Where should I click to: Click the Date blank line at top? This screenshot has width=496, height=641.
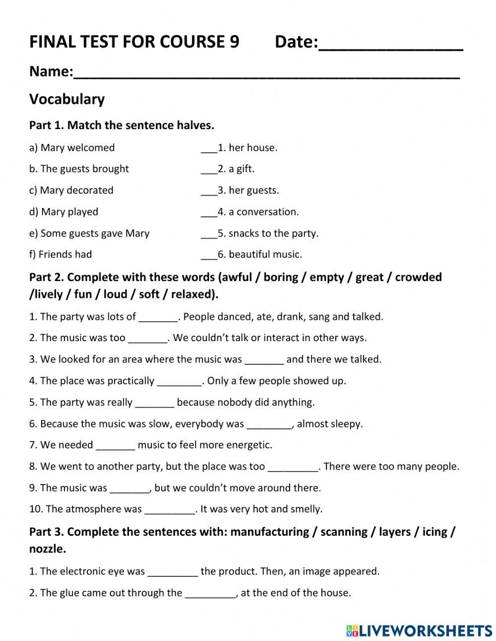(390, 45)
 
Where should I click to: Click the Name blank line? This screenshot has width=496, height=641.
(266, 74)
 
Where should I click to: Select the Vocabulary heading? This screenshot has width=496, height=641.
(67, 99)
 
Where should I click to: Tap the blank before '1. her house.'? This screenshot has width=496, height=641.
(209, 148)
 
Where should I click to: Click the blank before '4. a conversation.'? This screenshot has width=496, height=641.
(209, 213)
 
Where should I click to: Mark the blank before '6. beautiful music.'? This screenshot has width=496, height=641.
(209, 255)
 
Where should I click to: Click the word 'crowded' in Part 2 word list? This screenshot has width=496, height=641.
(418, 277)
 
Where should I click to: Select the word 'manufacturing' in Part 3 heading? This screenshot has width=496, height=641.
(270, 532)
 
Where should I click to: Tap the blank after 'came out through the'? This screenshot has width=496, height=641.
(210, 593)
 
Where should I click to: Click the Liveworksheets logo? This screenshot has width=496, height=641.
(419, 631)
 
